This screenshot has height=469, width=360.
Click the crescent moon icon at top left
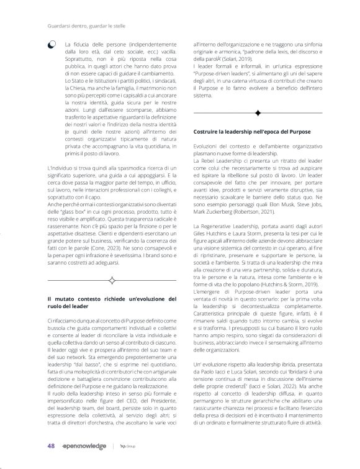51,45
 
